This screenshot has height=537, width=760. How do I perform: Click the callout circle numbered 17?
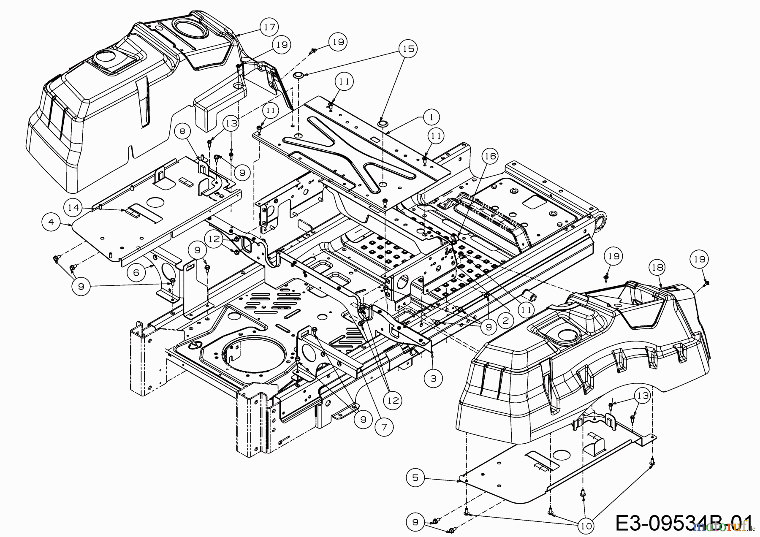[269, 27]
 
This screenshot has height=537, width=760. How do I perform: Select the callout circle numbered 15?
[408, 49]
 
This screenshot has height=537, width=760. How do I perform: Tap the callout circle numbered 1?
[432, 117]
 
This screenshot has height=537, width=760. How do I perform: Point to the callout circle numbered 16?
[490, 157]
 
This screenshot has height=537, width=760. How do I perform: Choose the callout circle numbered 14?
[72, 207]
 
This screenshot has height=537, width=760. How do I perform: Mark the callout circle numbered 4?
[52, 222]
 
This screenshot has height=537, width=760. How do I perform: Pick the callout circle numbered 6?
[136, 273]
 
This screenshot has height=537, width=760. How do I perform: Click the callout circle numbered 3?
[434, 378]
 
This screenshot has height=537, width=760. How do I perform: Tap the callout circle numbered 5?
[415, 477]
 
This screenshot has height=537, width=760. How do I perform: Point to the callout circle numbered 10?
[586, 526]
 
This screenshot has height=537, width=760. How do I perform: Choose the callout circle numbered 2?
[505, 320]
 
